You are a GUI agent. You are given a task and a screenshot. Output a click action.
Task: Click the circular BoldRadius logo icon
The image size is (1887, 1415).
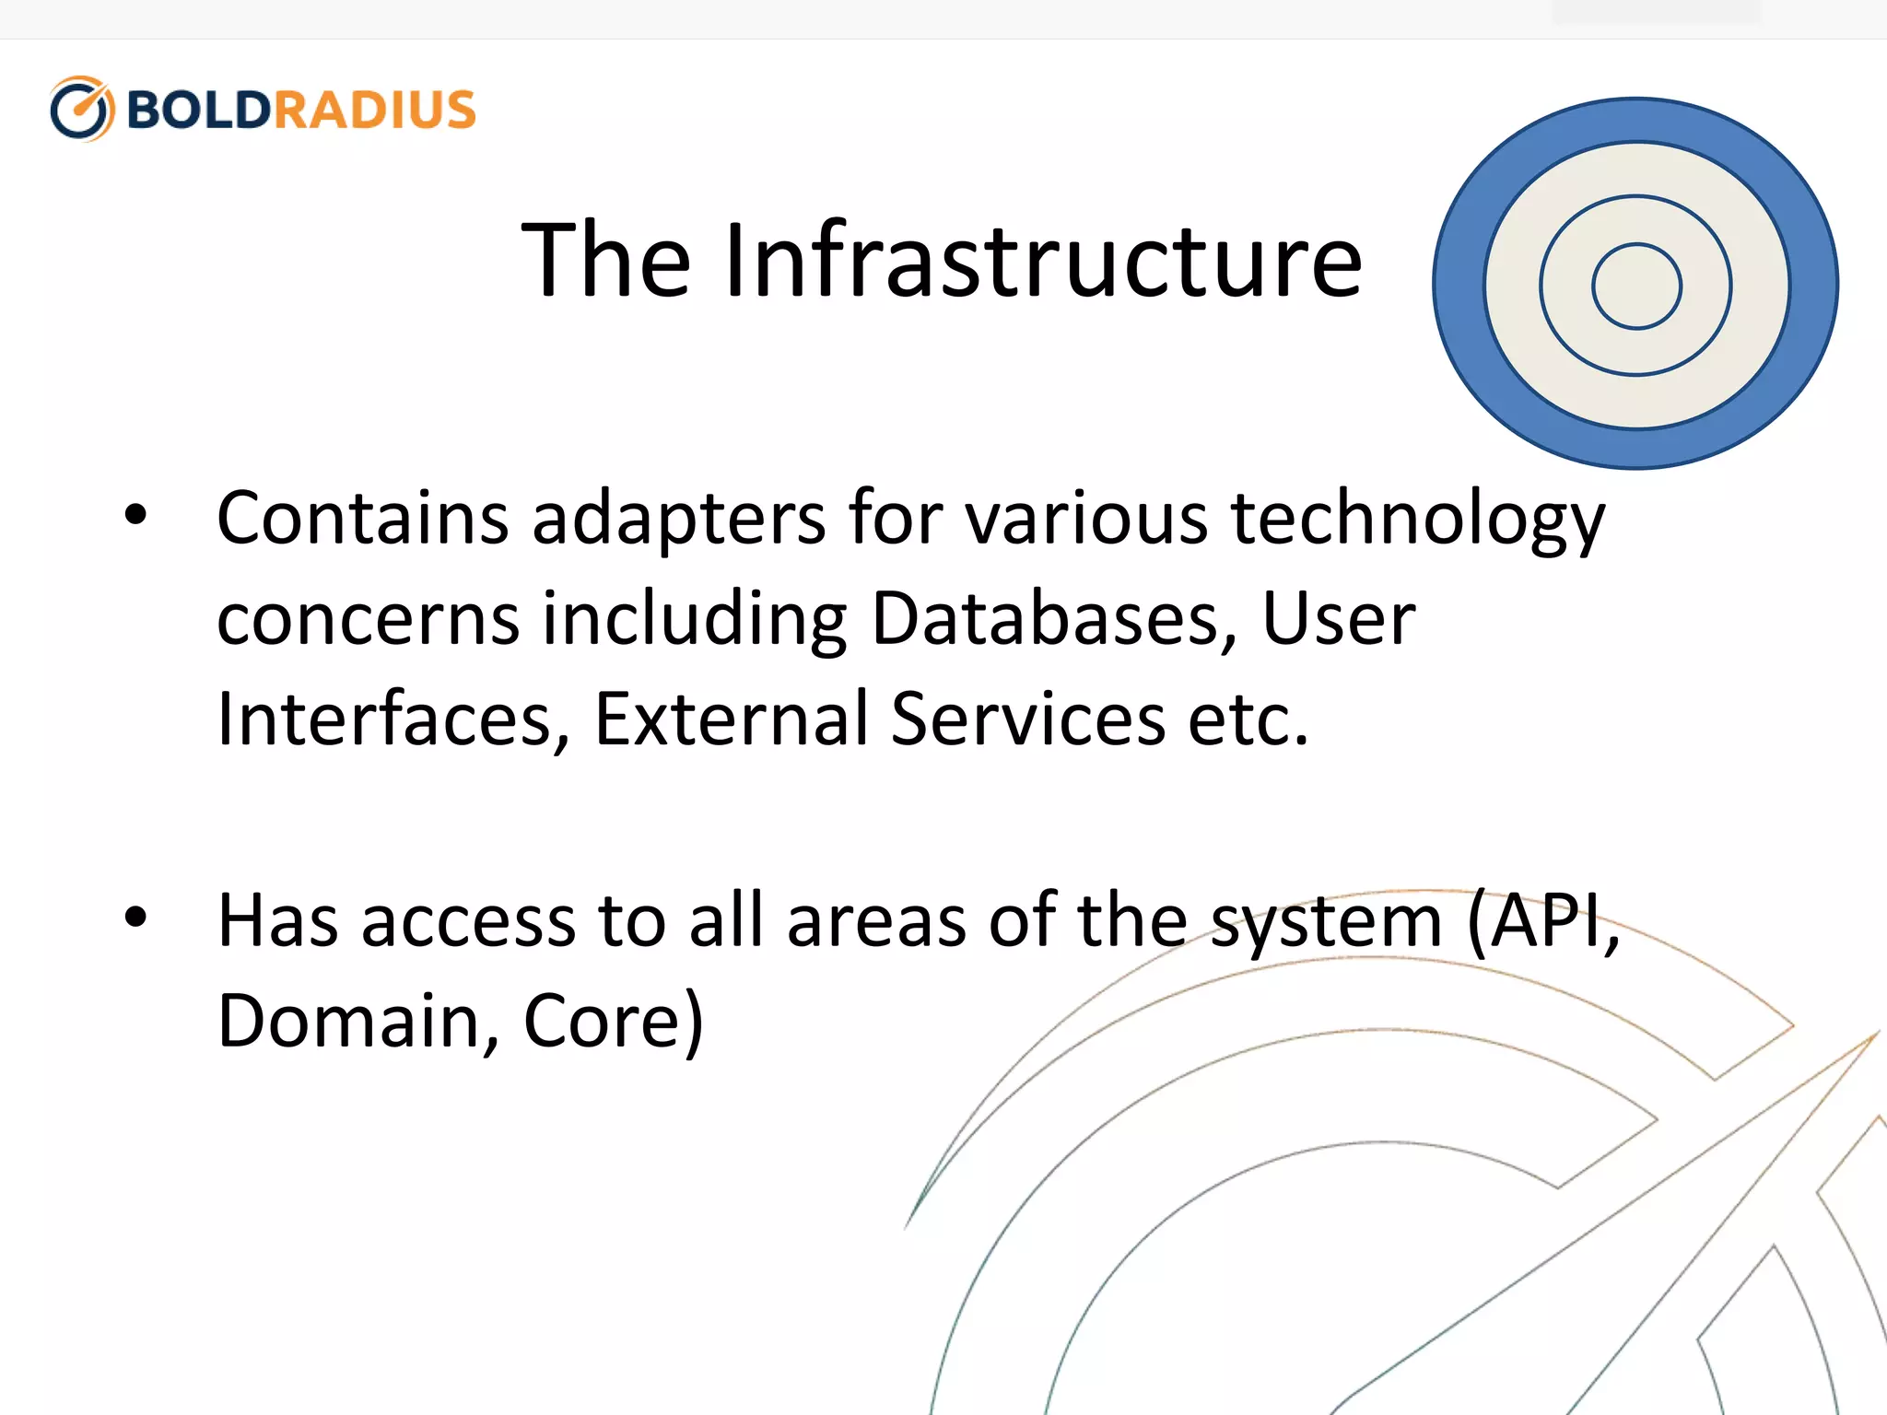tap(82, 109)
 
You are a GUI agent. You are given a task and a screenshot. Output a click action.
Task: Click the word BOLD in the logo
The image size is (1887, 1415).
tap(198, 110)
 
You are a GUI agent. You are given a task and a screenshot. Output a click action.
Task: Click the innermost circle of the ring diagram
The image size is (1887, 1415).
tap(1636, 286)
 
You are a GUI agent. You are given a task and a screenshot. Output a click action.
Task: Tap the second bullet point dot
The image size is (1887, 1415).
tap(135, 918)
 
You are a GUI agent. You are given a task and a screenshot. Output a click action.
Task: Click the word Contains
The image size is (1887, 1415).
tap(362, 518)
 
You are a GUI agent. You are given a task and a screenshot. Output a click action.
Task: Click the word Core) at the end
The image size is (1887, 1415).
tap(614, 1023)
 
